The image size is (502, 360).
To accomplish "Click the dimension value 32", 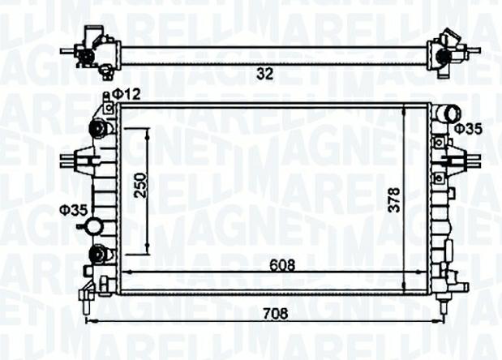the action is [265, 74].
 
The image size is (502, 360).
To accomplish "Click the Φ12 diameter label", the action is [127, 94].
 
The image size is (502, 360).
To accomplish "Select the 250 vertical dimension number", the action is [140, 186].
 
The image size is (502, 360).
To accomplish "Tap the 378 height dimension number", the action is [394, 199].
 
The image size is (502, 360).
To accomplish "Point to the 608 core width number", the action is [282, 265].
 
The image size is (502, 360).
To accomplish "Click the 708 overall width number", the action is [276, 314].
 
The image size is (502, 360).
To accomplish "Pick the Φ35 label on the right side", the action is [469, 129].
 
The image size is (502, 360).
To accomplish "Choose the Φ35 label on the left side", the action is [73, 210].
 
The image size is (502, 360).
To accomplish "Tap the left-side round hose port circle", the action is [95, 226].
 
